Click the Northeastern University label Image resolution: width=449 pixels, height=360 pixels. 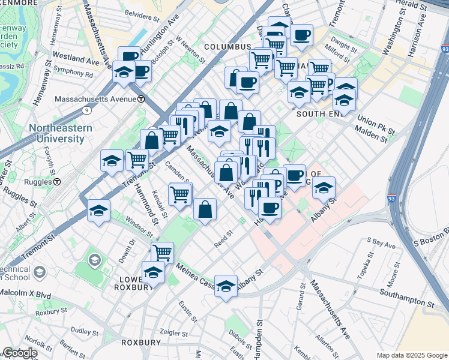(58, 133)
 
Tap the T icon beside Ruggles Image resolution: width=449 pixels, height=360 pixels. (57, 181)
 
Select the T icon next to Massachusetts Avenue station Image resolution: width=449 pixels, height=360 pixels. (140, 99)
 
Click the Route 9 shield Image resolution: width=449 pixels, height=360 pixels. (88, 110)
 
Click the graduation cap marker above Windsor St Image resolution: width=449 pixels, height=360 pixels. (98, 210)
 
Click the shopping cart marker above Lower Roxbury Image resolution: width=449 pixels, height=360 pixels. (162, 252)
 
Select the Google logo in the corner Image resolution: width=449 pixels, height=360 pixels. (19, 353)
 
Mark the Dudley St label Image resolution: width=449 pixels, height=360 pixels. (80, 330)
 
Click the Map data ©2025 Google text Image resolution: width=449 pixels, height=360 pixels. (412, 355)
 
